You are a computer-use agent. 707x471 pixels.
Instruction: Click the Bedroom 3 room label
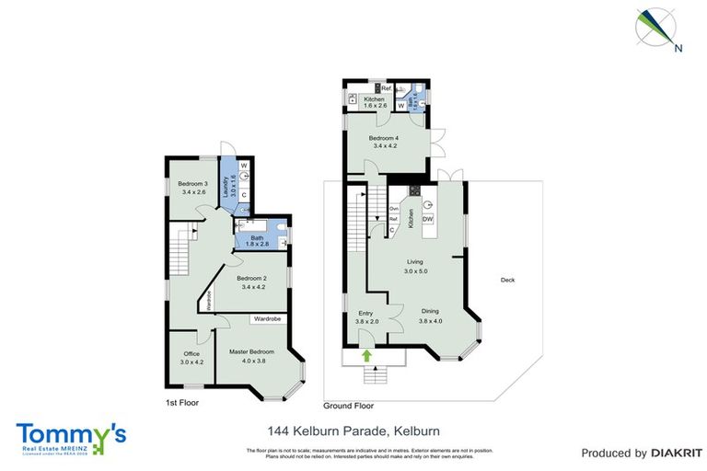[192, 188]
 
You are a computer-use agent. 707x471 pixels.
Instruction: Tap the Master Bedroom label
[250, 355]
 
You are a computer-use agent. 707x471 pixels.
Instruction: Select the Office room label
[191, 357]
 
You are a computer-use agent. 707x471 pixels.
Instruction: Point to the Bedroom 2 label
[251, 282]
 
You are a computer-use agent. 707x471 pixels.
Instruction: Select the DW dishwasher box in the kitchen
[427, 219]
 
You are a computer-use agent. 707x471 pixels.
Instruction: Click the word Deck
[507, 281]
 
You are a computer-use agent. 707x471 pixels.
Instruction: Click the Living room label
[417, 268]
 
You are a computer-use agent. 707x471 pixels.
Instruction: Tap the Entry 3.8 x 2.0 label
[366, 317]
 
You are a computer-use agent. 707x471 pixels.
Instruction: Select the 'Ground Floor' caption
[348, 405]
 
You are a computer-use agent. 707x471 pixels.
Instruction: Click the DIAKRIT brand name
[663, 453]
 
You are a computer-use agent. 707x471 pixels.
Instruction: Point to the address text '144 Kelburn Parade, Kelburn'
[353, 430]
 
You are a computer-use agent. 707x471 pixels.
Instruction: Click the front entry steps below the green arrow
[374, 374]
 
